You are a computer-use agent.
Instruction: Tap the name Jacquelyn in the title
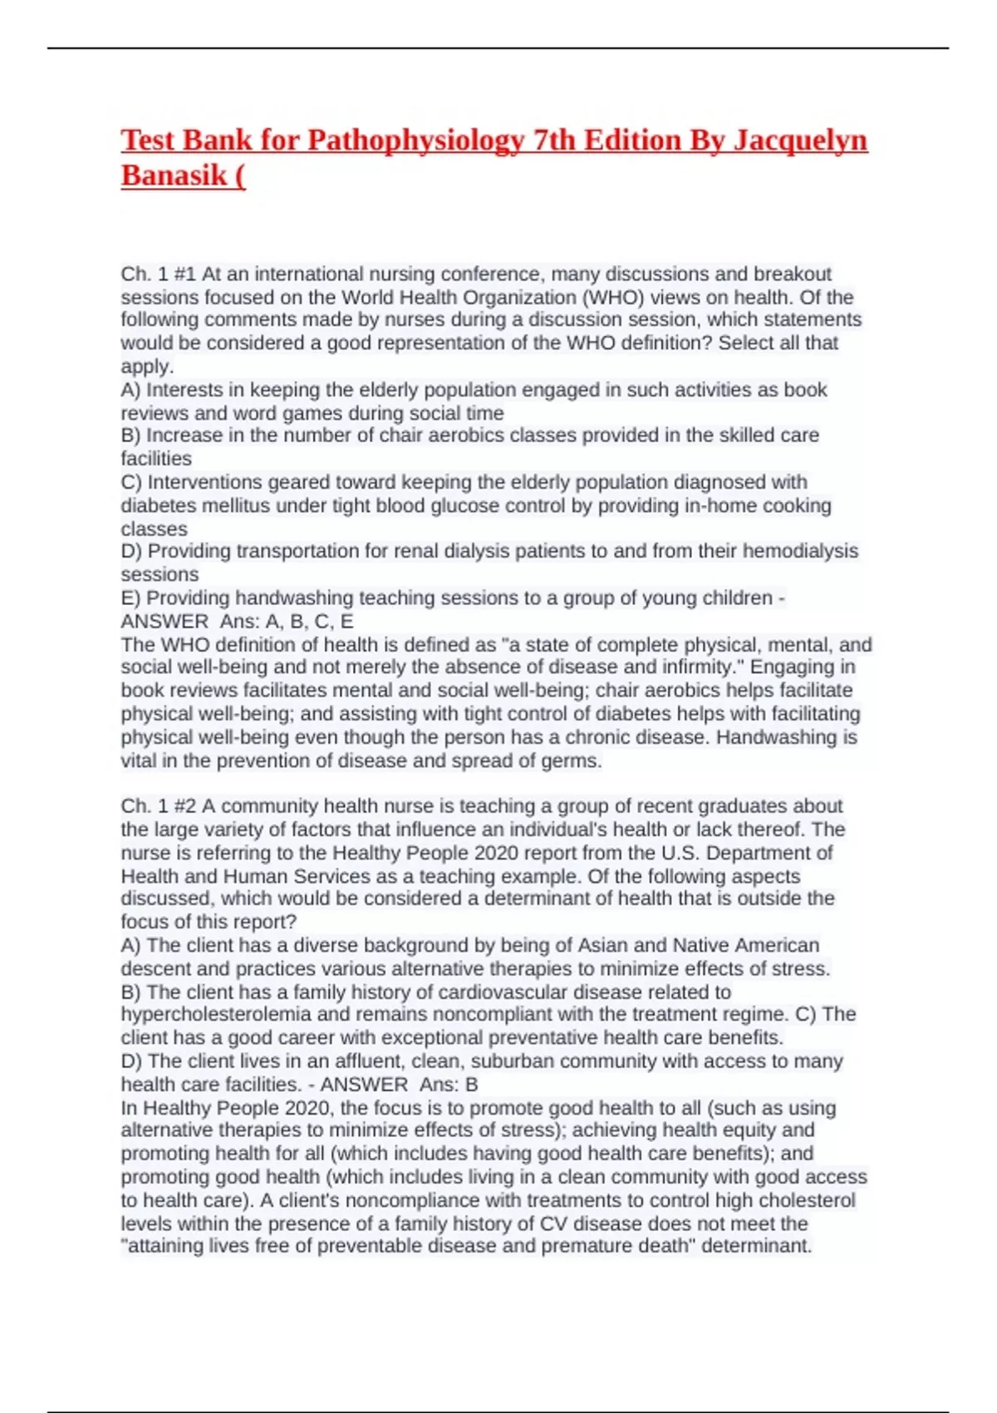coord(799,140)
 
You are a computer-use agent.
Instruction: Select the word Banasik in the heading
coord(174,175)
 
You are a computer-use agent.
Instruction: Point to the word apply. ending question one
coord(147,367)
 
